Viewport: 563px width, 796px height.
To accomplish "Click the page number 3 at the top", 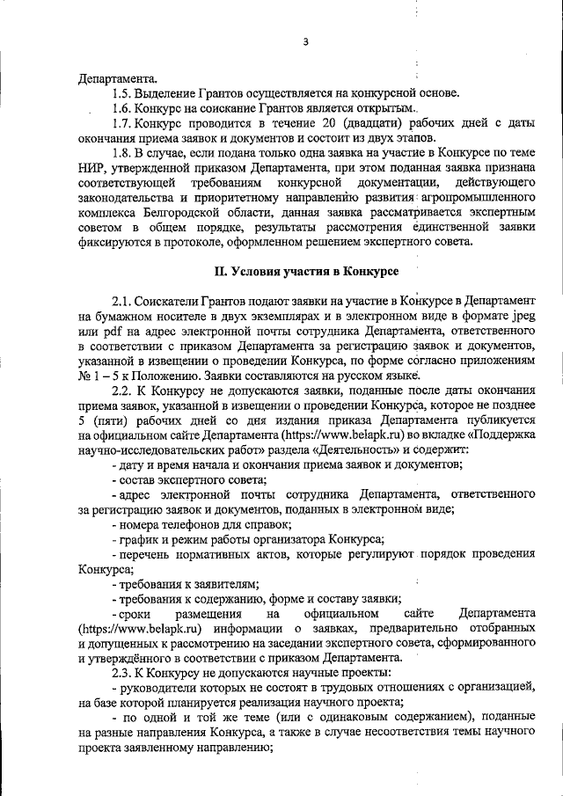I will point(305,41).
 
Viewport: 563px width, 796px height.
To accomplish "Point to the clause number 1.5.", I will point(123,94).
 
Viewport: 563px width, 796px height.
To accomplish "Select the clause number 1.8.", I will point(124,153).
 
